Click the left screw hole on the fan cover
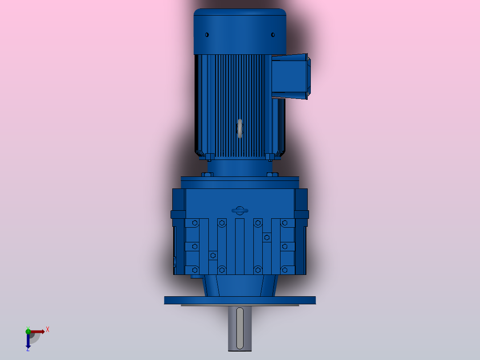click(207, 34)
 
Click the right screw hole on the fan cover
click(273, 34)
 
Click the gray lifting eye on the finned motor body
click(240, 128)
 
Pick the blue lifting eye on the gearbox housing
click(240, 210)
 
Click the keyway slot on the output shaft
click(240, 328)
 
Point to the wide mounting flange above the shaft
click(240, 300)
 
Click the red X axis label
click(48, 329)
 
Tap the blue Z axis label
click(28, 349)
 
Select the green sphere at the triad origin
click(28, 331)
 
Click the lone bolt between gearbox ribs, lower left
click(213, 255)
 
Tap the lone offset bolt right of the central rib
click(267, 237)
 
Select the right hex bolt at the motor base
click(270, 156)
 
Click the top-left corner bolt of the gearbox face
click(194, 223)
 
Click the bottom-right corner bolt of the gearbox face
click(285, 270)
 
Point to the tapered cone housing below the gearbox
click(240, 285)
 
